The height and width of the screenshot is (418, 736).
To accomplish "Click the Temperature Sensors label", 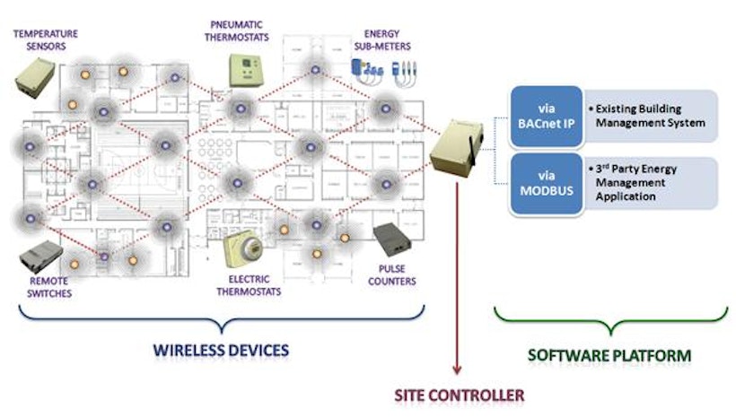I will point(45,39).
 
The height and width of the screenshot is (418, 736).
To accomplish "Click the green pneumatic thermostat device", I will point(242,69).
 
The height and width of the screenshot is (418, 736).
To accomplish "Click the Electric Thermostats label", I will point(249,284).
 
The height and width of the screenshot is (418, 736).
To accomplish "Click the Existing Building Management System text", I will point(649,116).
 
